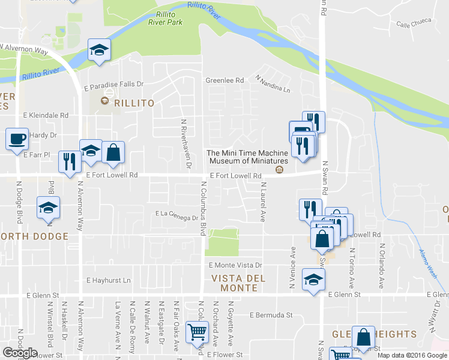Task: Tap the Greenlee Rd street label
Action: pos(225,80)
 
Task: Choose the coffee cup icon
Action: pos(17,139)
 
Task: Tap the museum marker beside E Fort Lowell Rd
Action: pos(279,170)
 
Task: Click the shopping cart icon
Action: pos(197,332)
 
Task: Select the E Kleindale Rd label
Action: pos(46,115)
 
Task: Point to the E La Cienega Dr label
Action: pos(176,214)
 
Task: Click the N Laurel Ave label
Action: pos(262,203)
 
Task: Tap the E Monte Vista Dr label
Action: pos(235,265)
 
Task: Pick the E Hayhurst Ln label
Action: pos(108,280)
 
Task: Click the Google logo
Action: pos(20,352)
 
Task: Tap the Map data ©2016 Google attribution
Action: pos(412,355)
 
